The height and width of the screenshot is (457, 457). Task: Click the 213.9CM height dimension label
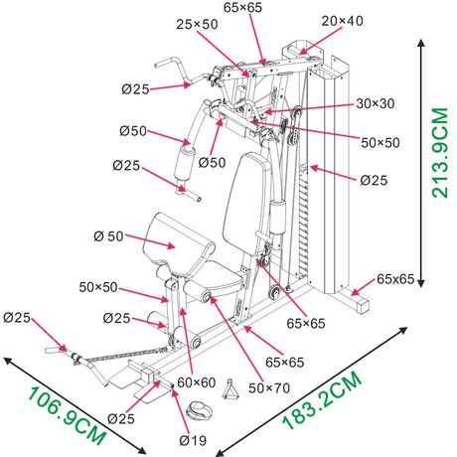tap(440, 153)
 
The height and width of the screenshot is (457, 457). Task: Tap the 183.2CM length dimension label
tap(322, 399)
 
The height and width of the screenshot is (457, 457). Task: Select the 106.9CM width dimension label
tap(67, 416)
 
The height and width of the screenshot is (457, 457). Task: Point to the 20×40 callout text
tap(342, 21)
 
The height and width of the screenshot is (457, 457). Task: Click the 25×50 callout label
tap(197, 24)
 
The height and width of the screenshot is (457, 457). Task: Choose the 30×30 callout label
tap(376, 103)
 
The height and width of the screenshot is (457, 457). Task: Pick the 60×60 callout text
tap(197, 382)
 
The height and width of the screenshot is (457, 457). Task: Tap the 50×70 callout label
tap(269, 387)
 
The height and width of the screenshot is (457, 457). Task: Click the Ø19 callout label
tap(193, 440)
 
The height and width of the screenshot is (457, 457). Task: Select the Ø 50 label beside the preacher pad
tap(108, 236)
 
